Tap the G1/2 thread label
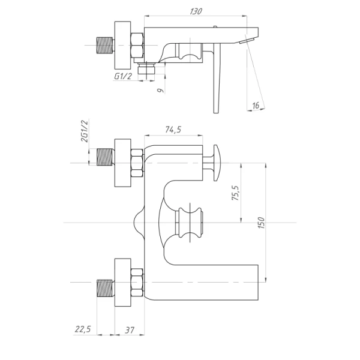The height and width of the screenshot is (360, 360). coord(123,76)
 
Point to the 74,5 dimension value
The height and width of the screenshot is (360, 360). coord(173,130)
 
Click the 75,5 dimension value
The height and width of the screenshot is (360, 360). coord(235,194)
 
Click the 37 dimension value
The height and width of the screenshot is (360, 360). coord(129,329)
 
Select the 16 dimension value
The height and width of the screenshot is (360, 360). coord(255,106)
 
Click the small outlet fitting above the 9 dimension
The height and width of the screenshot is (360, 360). coord(145,71)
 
